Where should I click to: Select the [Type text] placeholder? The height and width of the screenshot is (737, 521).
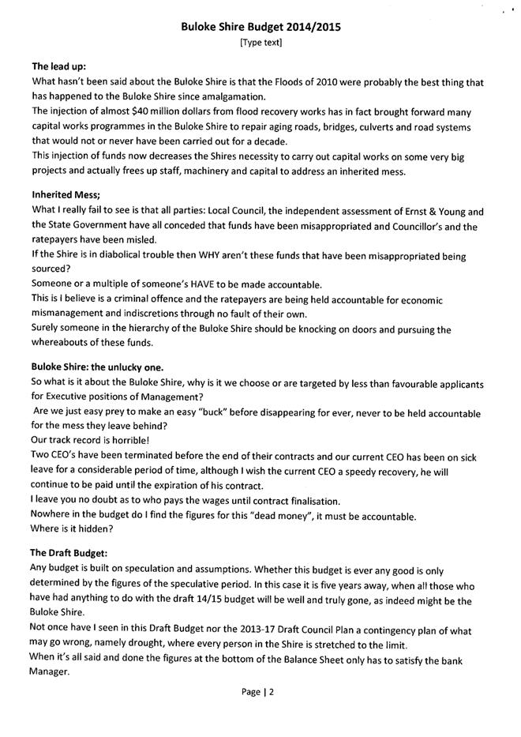[x=260, y=42]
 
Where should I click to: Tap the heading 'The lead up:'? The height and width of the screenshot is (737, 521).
[x=59, y=66]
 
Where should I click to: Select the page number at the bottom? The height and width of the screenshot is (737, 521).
[x=260, y=693]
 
